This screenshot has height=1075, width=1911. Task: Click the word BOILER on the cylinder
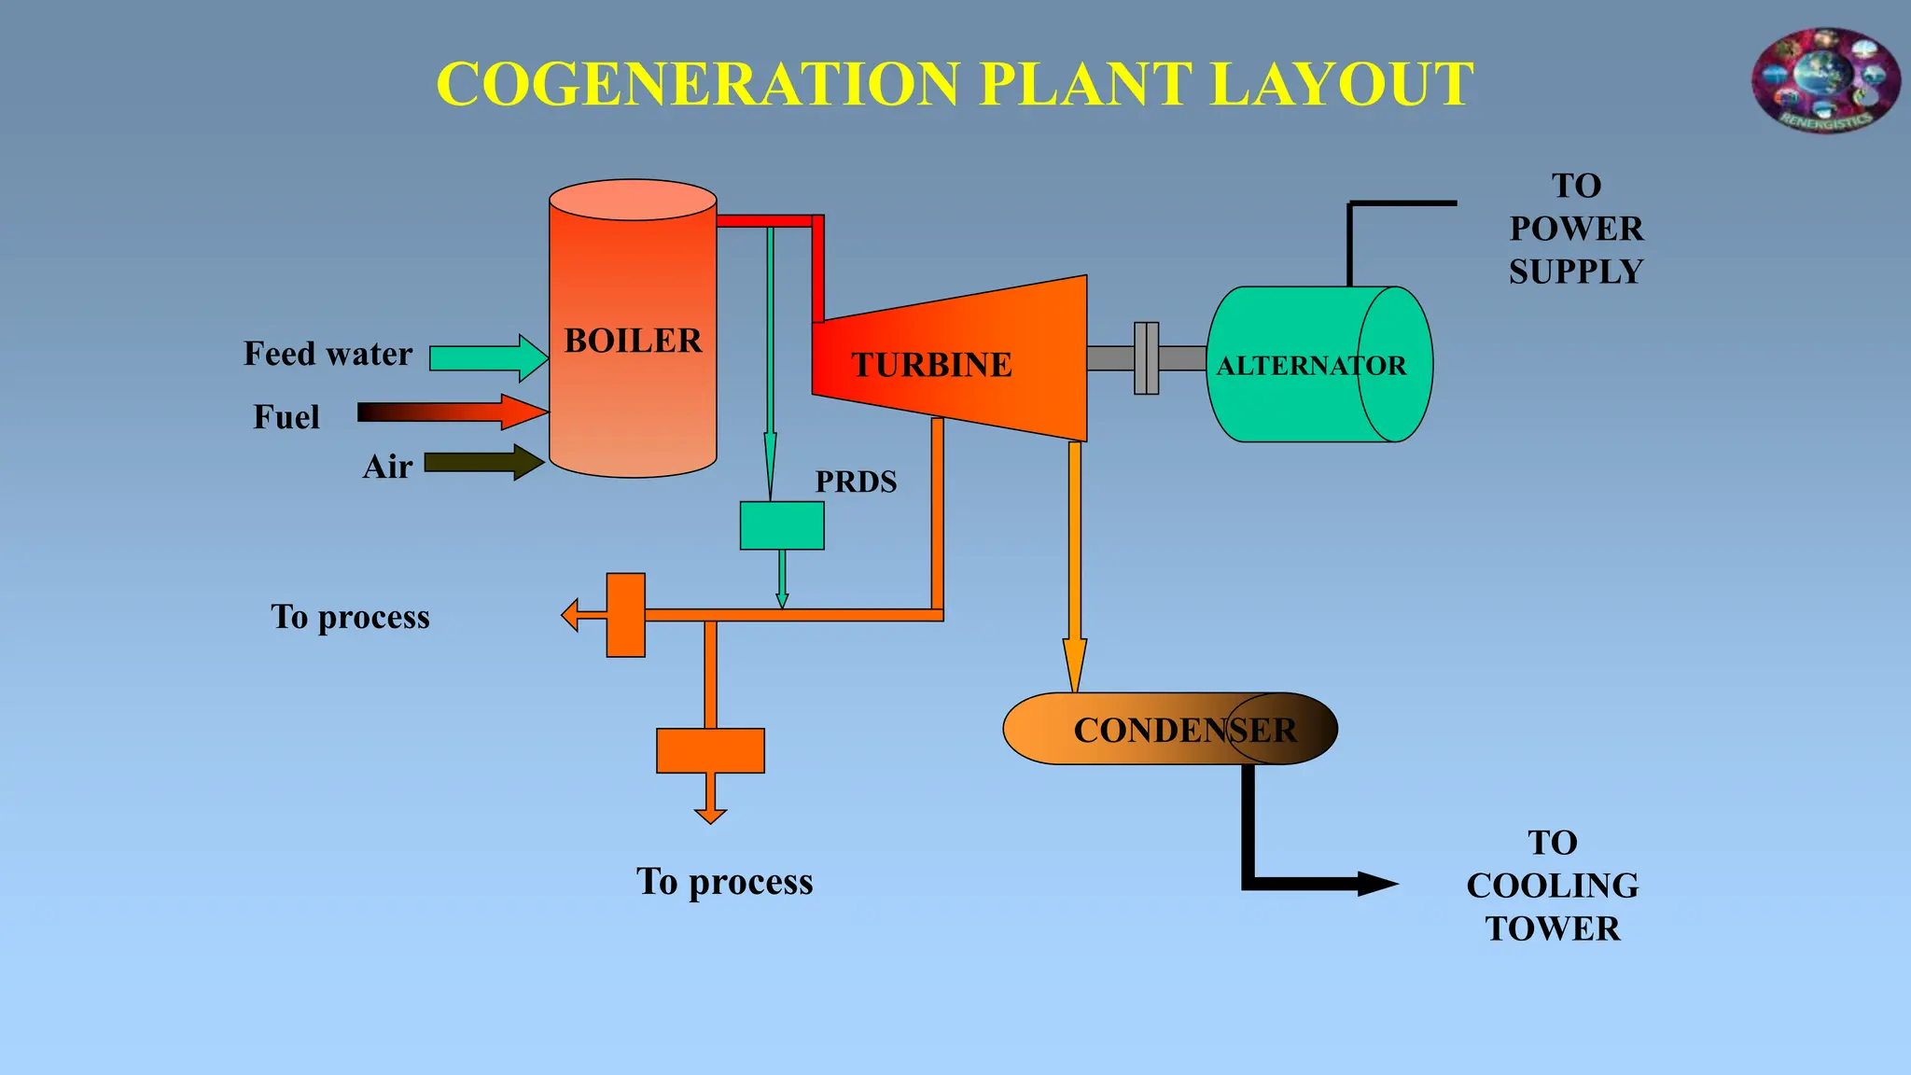point(633,341)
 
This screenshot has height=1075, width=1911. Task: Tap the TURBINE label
point(931,365)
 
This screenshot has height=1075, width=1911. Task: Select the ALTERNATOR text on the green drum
point(1310,366)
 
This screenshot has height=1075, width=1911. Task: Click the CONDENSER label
point(1185,730)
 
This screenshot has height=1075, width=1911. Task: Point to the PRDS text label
point(856,482)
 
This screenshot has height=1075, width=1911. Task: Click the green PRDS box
point(782,525)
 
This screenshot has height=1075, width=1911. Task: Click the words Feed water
point(328,354)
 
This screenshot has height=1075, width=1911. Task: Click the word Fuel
point(286,417)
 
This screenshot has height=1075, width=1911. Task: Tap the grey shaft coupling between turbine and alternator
point(1146,358)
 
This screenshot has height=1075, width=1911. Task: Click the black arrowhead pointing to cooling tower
point(1375,884)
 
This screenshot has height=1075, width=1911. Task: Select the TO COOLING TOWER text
point(1552,886)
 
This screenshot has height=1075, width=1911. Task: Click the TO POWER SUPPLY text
point(1576,229)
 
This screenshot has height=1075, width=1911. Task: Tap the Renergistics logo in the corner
point(1825,80)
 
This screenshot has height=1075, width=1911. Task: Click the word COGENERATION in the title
point(698,84)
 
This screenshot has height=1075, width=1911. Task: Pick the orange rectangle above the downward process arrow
point(710,750)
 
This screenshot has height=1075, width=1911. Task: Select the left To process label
point(350,617)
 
